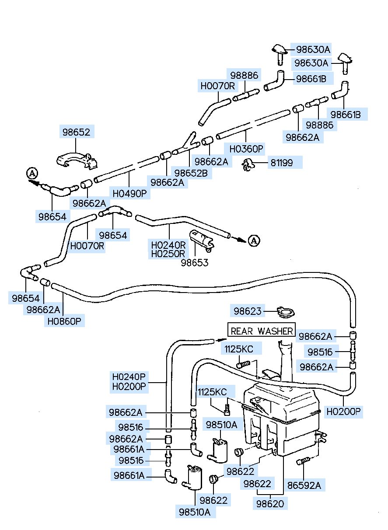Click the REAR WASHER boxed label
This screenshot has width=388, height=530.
coord(261,331)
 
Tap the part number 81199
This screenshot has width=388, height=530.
coord(282,163)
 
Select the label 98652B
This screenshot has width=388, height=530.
coord(191,174)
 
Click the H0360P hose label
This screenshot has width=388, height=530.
coord(246,149)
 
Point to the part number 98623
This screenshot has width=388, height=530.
coord(248,311)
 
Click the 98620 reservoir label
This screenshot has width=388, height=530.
coord(270,504)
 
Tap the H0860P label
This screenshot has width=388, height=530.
coord(64,321)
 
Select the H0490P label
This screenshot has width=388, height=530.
coord(130,194)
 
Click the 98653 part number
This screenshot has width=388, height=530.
coord(195,263)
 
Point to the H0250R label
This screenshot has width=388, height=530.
coord(168,254)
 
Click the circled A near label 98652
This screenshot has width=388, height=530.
coord(32,174)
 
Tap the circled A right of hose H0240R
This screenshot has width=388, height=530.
coord(254,241)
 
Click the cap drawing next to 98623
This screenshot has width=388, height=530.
coord(286,313)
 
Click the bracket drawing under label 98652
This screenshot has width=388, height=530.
coord(77,160)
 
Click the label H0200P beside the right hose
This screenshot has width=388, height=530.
coord(343,411)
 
